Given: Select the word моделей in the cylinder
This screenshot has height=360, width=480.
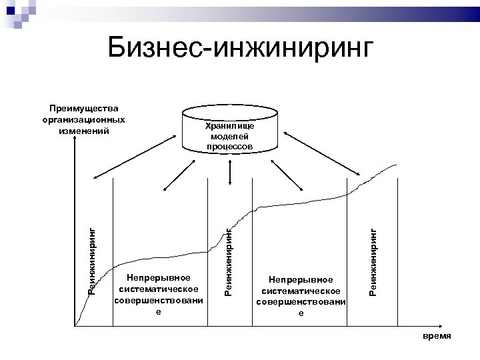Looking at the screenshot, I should coord(229,135).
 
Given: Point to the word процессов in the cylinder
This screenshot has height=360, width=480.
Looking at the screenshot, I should coord(229,145).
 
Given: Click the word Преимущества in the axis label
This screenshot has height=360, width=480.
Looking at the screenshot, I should coord(84,109).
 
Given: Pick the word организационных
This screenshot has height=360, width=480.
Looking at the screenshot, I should coord(84,119).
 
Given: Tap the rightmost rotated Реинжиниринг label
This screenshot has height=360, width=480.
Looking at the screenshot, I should coord(373,261).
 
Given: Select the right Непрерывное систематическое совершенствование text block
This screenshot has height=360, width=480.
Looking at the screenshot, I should coord(301,297).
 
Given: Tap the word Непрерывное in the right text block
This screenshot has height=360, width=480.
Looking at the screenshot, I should coord(301,281).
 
